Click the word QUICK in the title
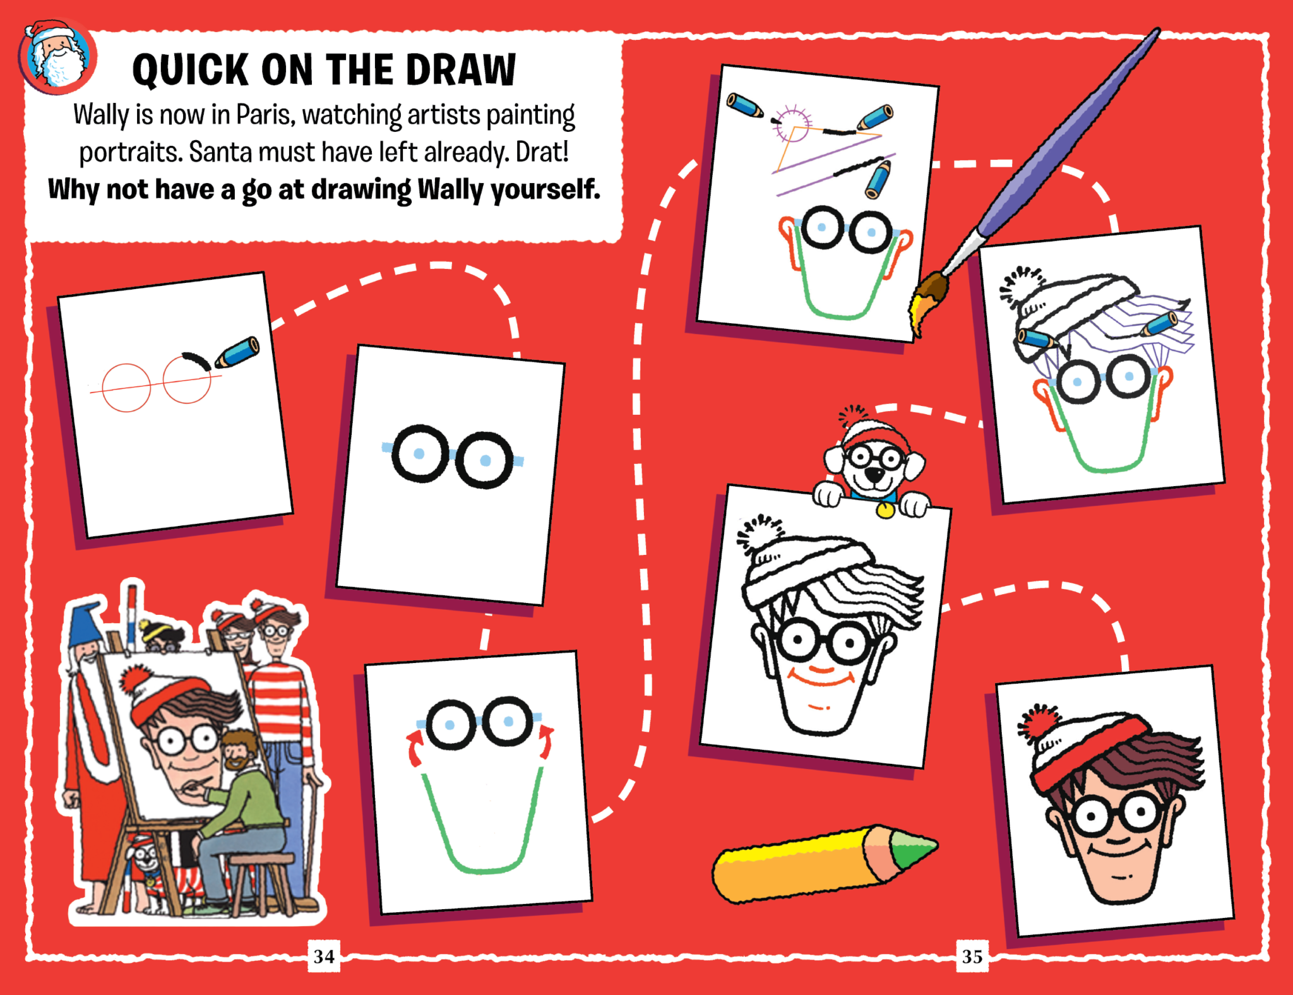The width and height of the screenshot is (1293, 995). [x=191, y=69]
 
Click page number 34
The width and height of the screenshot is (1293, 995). [x=324, y=956]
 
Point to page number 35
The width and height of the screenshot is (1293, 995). [x=972, y=956]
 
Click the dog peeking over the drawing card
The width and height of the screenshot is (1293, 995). [x=873, y=464]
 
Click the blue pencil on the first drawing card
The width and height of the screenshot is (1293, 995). [x=237, y=352]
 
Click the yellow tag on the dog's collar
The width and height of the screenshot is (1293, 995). [x=886, y=509]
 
